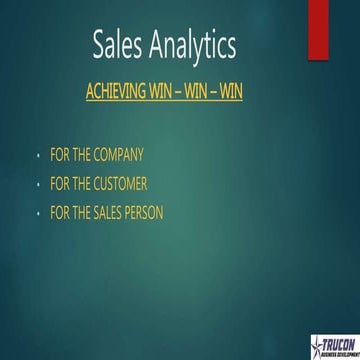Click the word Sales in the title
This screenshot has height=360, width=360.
[118, 45]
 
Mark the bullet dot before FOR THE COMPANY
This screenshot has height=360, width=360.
[37, 156]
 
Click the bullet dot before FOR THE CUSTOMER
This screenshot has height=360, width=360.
[37, 185]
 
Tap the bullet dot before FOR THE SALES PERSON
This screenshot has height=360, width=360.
[37, 214]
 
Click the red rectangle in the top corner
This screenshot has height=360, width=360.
[345, 28]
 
